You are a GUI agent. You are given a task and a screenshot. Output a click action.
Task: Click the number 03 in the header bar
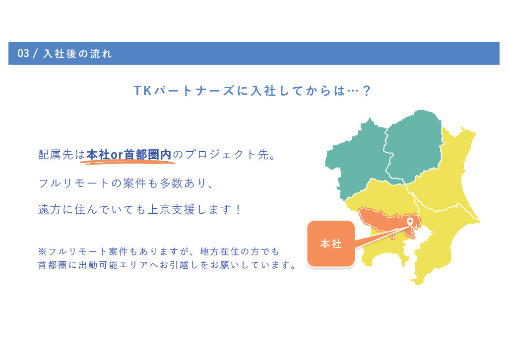click(x=23, y=54)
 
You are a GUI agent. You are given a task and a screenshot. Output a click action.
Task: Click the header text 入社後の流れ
click(x=77, y=54)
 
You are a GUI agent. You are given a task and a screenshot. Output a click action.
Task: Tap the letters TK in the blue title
click(x=143, y=91)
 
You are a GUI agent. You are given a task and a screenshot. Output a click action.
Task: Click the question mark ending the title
click(x=367, y=91)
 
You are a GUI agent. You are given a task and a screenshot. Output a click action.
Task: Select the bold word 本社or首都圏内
click(x=128, y=154)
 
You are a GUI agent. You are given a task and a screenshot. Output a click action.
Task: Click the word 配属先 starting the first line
click(x=56, y=154)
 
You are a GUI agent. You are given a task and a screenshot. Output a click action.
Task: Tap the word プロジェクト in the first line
click(x=220, y=154)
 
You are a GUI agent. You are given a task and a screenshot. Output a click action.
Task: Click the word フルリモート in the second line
click(x=73, y=183)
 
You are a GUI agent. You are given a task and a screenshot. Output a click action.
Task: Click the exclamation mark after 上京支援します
click(x=239, y=209)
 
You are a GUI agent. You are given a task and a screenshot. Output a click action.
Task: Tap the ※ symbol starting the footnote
click(x=42, y=251)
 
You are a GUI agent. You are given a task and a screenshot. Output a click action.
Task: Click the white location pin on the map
click(x=410, y=222)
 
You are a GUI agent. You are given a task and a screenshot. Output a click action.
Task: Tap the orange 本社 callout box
click(x=331, y=244)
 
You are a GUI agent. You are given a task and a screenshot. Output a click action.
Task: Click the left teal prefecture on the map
click(x=356, y=159)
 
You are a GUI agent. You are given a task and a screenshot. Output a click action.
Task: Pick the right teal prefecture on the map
click(x=413, y=146)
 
